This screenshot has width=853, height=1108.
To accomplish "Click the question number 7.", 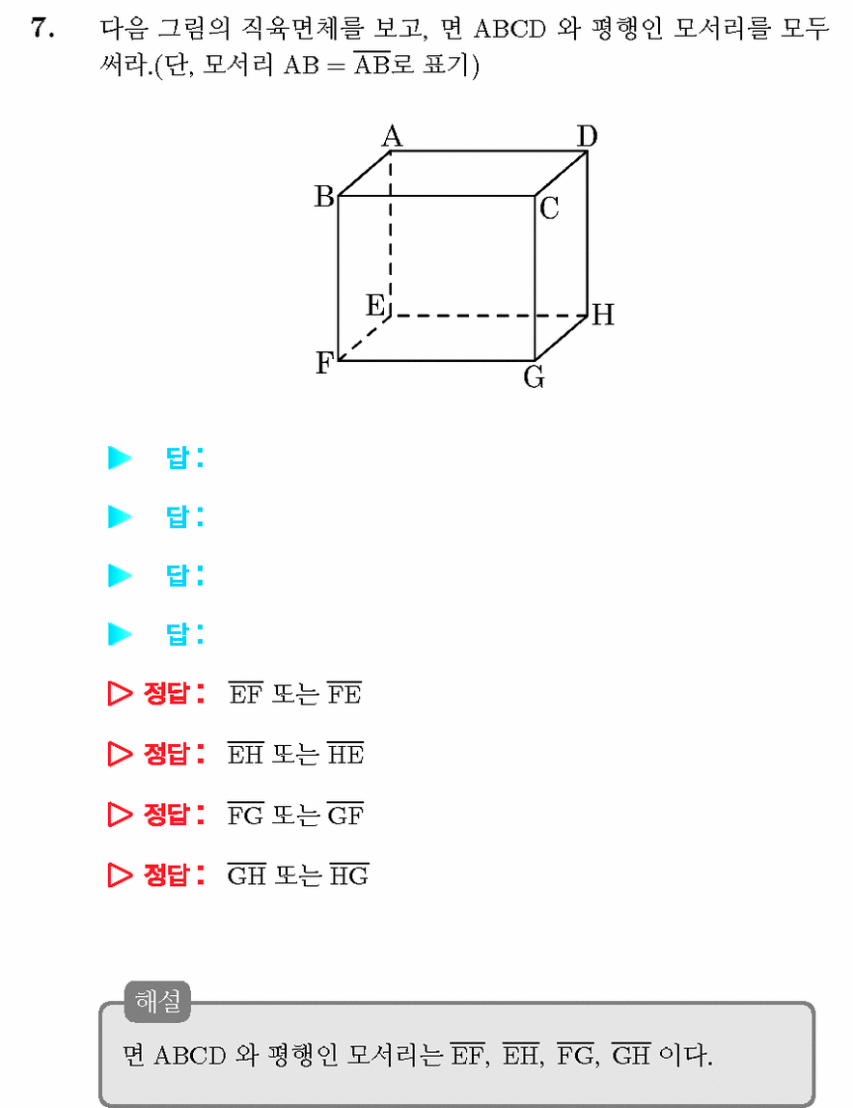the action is (42, 29).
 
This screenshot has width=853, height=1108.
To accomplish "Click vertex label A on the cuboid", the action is (392, 136).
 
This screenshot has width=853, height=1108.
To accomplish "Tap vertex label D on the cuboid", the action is (587, 136).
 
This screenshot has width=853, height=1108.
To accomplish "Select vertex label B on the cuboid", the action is (324, 196).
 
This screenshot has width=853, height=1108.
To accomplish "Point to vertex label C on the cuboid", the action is (549, 208).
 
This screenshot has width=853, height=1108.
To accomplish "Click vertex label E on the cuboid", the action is (375, 305).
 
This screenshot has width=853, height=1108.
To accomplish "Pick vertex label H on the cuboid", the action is (603, 315).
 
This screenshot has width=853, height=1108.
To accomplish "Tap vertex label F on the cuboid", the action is (323, 363).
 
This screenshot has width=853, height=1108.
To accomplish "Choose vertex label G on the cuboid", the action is (534, 378).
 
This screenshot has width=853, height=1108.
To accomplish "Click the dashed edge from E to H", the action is (489, 316).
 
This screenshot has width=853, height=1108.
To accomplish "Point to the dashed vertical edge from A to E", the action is (391, 234).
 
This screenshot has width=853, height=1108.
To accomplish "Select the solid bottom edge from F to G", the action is (437, 360).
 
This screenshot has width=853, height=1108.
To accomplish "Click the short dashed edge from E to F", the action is (365, 338).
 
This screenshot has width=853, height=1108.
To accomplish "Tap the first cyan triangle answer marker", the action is (121, 457).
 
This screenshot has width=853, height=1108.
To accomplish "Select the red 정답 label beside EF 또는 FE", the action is (174, 693).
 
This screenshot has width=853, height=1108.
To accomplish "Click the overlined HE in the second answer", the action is (345, 754).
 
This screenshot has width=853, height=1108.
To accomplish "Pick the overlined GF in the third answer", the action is (345, 815).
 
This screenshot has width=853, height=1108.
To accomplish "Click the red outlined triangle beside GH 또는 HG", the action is (121, 875).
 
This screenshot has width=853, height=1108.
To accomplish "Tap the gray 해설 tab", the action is (158, 1001).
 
